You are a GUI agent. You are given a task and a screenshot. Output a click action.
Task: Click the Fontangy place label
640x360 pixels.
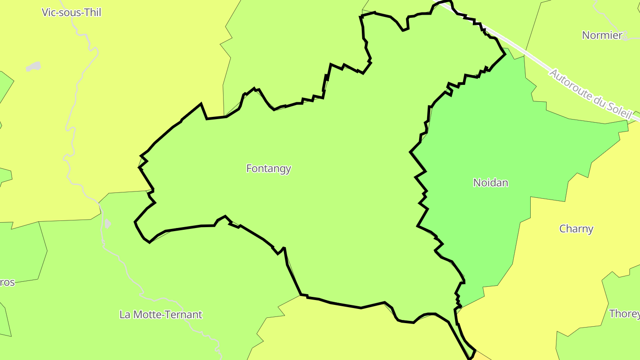pos(268,168)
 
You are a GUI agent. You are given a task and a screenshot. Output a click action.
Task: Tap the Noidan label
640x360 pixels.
pos(490,183)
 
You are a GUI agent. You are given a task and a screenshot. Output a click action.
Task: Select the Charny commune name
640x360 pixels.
pos(576,229)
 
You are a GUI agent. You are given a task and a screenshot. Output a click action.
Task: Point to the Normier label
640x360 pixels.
pos(602,36)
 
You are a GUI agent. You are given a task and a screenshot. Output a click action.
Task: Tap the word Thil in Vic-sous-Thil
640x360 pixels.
pos(92,12)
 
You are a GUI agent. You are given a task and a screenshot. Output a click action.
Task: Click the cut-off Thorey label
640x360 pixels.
pos(624,314)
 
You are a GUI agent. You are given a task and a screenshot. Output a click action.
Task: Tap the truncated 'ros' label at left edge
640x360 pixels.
pos(8,283)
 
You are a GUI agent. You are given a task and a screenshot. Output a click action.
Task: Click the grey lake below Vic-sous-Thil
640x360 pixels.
pos(33,67)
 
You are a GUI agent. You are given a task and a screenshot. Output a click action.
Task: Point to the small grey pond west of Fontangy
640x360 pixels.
pos(107,223)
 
